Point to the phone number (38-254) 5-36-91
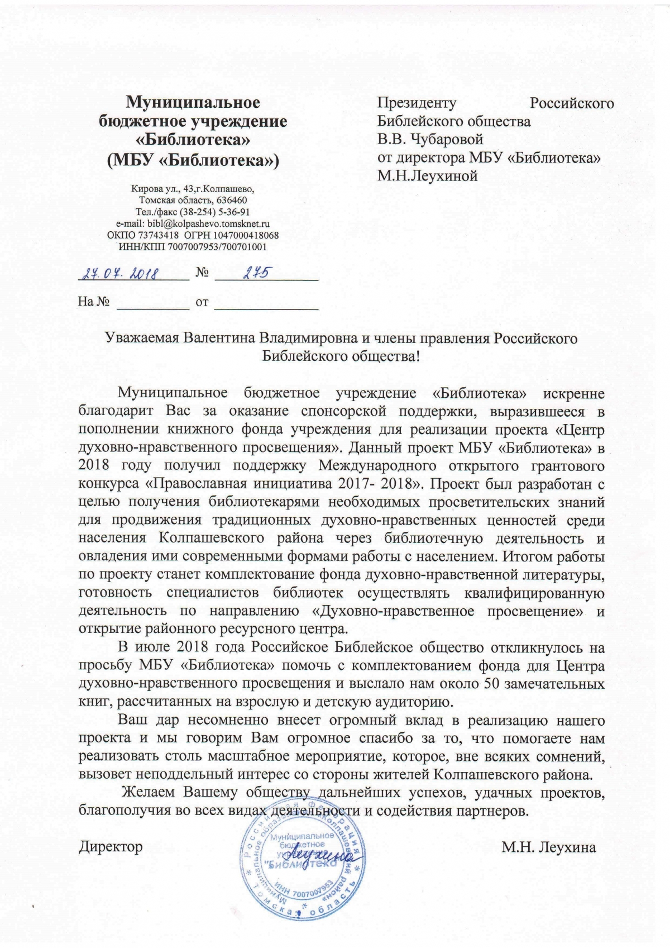click(x=212, y=212)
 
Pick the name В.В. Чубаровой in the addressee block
click(x=430, y=139)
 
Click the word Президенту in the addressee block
click(x=417, y=103)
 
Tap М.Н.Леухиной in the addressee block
click(x=428, y=176)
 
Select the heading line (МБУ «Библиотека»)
click(x=193, y=160)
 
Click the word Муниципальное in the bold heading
click(x=193, y=102)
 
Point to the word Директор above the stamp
click(x=111, y=846)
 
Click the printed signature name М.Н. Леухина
click(x=548, y=847)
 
